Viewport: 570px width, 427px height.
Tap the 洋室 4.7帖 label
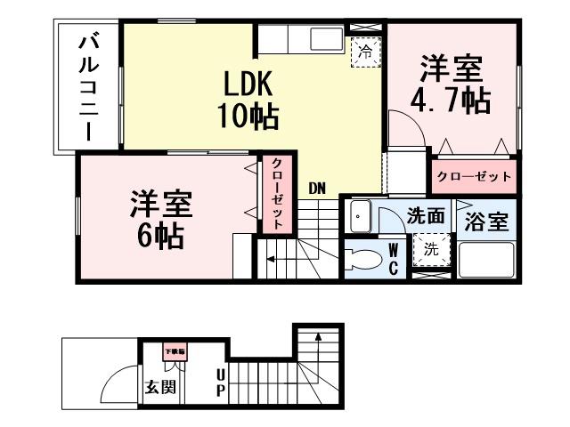[452, 84]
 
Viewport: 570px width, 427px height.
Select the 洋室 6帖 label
[155, 217]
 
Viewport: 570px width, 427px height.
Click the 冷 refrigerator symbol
[363, 52]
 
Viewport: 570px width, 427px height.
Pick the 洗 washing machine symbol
[431, 250]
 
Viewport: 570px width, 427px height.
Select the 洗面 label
[426, 215]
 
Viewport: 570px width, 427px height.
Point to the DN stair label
[317, 189]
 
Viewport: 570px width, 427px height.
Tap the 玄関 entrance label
[160, 387]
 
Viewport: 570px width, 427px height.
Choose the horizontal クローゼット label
[474, 176]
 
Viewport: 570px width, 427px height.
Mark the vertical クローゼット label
[277, 193]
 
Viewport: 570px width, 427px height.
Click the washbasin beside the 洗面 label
[360, 216]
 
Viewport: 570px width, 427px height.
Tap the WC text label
[394, 259]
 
